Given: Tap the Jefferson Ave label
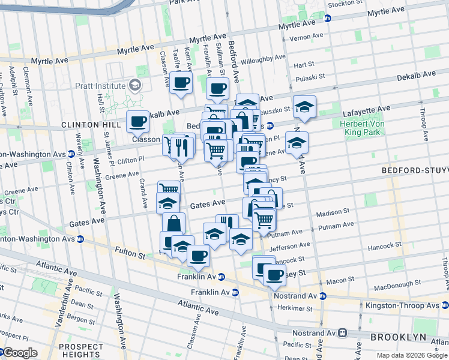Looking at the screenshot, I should tap(290, 245).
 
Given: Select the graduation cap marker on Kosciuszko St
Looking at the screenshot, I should tap(304, 107).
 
